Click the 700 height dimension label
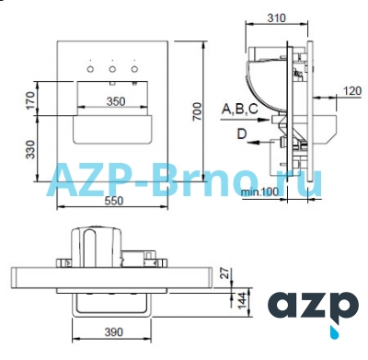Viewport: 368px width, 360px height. coord(198,111)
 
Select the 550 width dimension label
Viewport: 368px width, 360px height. coord(114,201)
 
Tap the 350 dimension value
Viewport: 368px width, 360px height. coord(116,101)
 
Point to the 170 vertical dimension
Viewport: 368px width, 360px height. coord(30,101)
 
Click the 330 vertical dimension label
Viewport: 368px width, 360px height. coord(30,150)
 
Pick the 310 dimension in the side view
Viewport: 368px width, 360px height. coord(276,17)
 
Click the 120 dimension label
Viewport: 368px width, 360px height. coord(351,91)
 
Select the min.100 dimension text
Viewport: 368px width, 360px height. coord(260,192)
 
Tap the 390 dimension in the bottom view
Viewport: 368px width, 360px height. coord(114,332)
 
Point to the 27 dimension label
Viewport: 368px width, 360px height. coord(225,273)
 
